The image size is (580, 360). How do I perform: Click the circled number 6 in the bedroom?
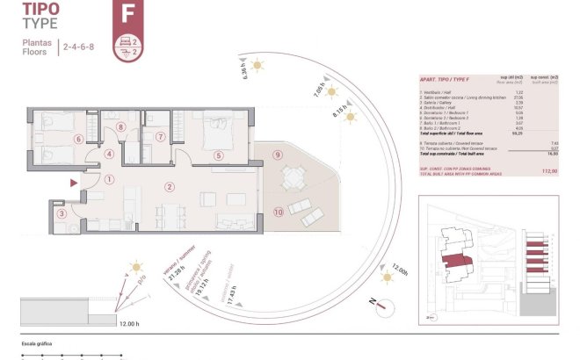point(78,139)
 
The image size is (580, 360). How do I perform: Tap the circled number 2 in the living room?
point(170,185)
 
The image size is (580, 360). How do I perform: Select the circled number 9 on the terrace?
point(277,155)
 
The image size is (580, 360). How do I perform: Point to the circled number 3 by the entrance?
point(61,213)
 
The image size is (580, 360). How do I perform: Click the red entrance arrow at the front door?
point(74,183)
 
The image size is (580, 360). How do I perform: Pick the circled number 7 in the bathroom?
point(160,136)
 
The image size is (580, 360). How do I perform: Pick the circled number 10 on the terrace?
point(278,212)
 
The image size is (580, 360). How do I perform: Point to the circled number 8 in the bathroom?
point(120,127)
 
